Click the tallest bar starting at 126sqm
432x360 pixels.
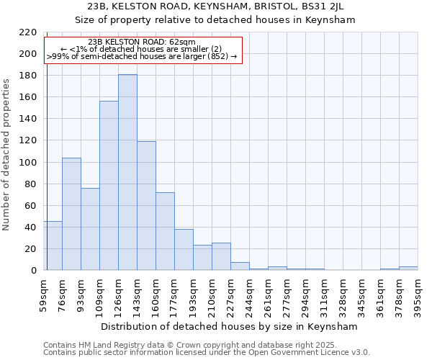tap(127, 172)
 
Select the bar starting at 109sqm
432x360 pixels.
tap(109, 186)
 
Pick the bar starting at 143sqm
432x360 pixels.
tap(146, 206)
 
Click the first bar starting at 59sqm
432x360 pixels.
tap(53, 246)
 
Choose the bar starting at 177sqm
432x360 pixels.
tap(184, 250)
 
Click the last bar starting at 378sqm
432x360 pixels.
tap(408, 269)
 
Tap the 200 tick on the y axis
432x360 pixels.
tap(30, 54)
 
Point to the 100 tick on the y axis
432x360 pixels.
tap(30, 162)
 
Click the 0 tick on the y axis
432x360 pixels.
tap(34, 271)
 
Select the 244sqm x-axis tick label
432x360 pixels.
tap(250, 294)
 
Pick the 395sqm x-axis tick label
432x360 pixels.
tap(418, 294)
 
